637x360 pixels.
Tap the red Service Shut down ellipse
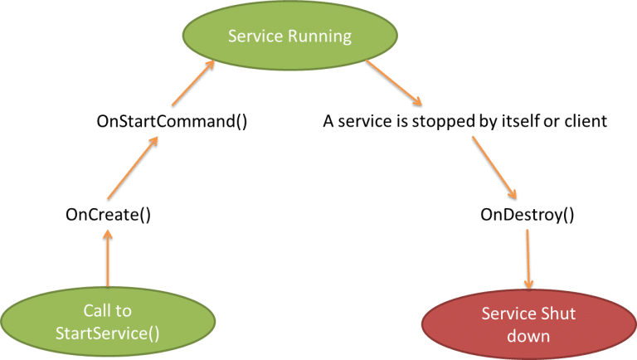529,324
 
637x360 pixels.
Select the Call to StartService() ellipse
108,323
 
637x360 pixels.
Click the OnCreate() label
108,215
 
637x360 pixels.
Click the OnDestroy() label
528,215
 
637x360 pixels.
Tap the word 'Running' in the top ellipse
324,37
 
